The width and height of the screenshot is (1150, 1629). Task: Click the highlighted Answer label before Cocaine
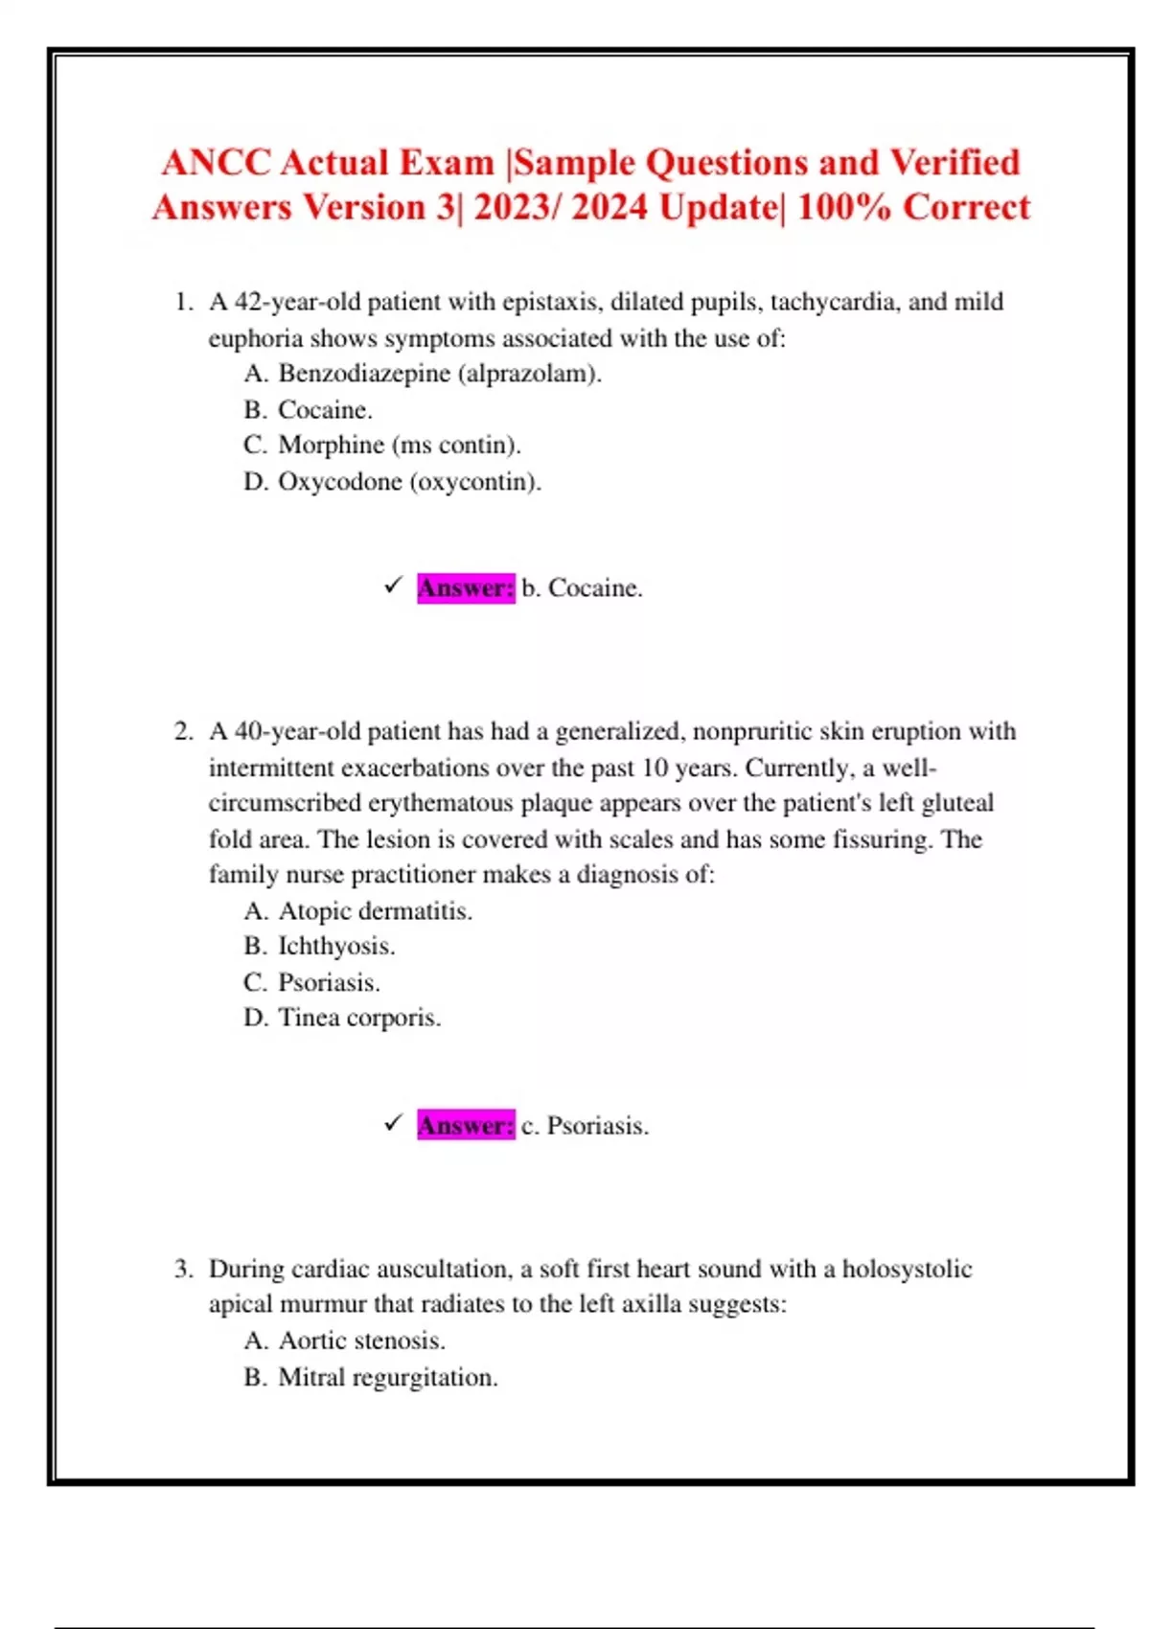[x=466, y=587]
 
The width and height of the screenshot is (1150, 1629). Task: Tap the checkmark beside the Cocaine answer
[x=392, y=585]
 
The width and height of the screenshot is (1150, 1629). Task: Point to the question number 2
[x=183, y=732]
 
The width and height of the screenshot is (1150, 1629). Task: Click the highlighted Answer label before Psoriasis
[x=466, y=1125]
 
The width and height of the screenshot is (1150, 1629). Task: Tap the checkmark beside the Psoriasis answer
[x=392, y=1123]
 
